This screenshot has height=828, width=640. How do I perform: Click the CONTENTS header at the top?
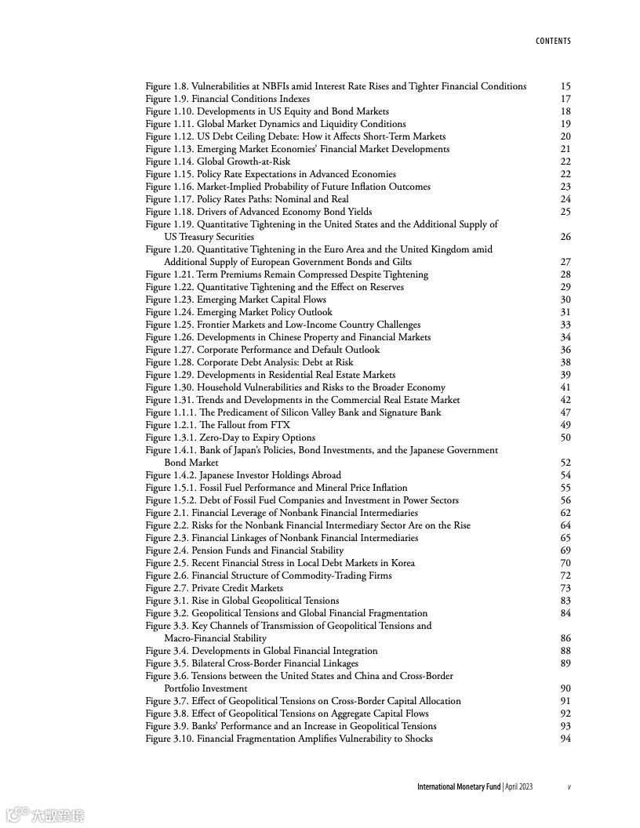tap(553, 41)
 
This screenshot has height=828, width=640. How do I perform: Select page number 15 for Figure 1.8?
tap(565, 86)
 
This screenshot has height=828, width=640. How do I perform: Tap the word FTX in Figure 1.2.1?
tap(280, 425)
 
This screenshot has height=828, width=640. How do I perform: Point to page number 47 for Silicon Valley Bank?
tap(565, 412)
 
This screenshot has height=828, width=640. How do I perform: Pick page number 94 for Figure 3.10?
tap(565, 739)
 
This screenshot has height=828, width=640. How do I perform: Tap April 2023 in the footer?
tap(519, 786)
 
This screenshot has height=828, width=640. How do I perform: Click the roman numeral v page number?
tap(569, 786)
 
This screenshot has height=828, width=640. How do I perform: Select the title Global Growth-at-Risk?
tap(243, 162)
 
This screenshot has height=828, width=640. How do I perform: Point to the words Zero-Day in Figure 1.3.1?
tap(219, 438)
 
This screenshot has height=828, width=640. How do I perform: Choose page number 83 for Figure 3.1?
tap(565, 601)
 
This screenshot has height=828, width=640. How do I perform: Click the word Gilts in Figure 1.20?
tap(399, 262)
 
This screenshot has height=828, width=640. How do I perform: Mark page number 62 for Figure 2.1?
tap(565, 513)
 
